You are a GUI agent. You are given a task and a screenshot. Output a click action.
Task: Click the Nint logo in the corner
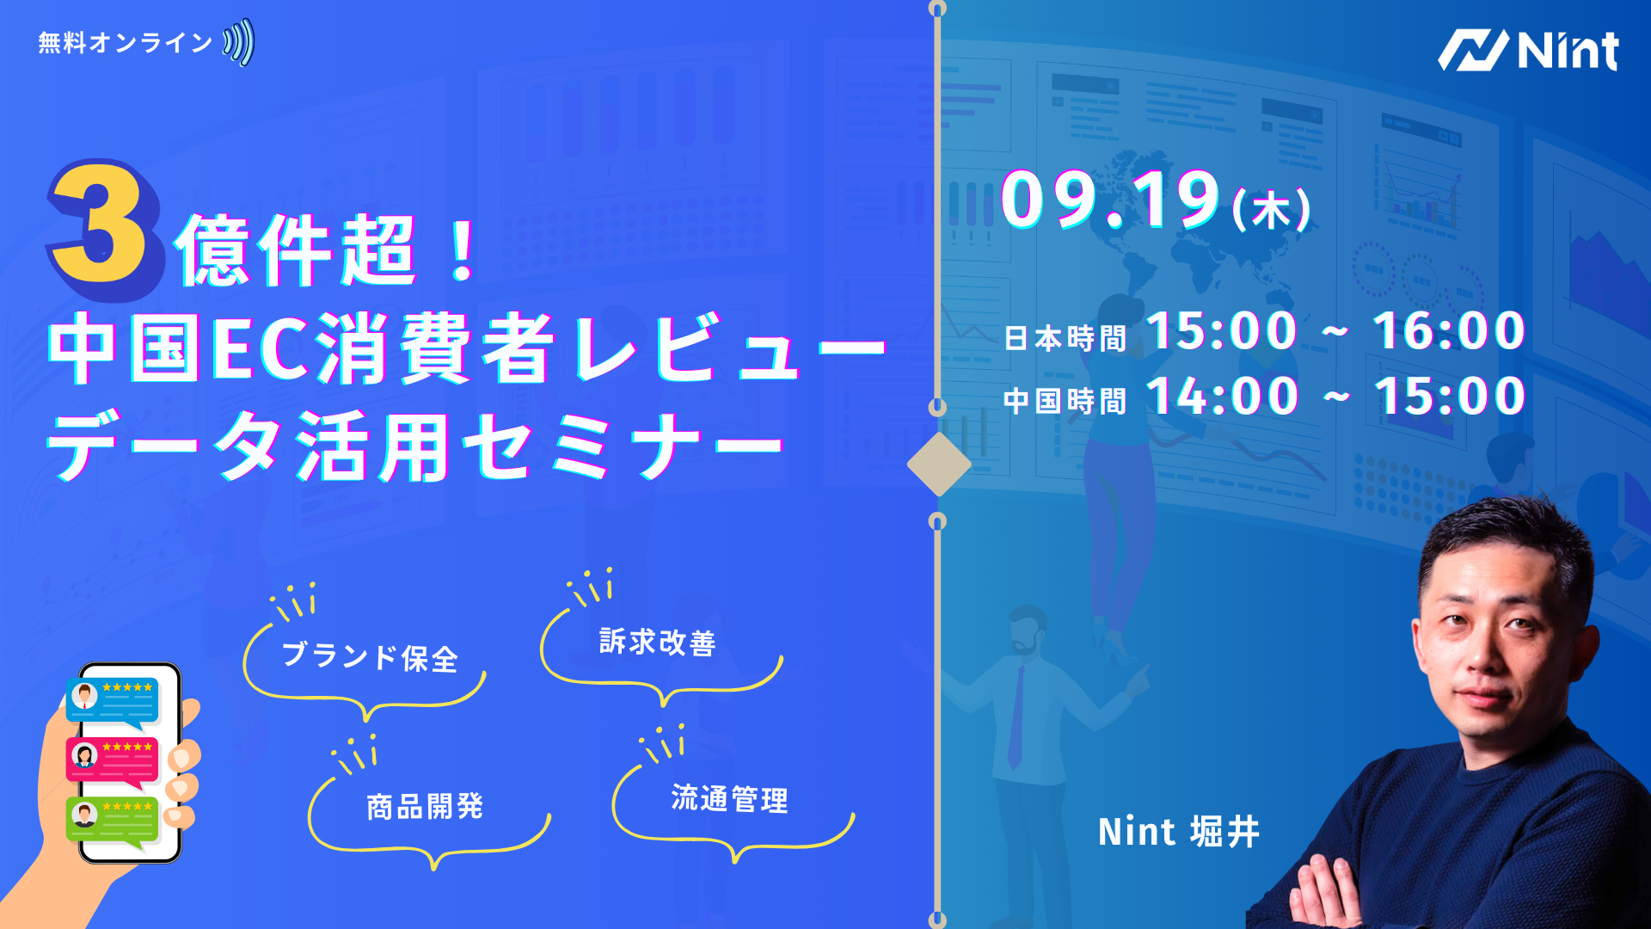(1528, 50)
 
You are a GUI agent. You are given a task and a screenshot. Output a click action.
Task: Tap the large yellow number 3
(103, 228)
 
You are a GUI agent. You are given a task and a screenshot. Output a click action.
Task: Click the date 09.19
(1110, 200)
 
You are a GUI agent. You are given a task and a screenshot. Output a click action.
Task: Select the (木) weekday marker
(1271, 211)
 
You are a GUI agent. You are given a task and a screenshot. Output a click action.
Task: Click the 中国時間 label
(1065, 401)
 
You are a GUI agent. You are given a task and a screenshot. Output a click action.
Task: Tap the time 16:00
(1449, 331)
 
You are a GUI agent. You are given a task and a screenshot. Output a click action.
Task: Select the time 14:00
(1222, 397)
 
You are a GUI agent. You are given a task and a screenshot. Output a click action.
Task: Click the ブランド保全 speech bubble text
(370, 657)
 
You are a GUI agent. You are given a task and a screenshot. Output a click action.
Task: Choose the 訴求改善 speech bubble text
(658, 643)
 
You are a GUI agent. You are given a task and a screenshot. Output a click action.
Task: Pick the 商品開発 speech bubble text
(425, 807)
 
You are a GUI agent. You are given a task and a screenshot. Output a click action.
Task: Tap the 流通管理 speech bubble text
(729, 799)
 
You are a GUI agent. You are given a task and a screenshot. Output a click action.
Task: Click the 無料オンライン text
(126, 43)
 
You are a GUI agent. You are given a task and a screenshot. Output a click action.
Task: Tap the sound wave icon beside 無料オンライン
(239, 42)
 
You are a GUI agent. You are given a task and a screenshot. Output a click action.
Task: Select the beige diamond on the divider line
(939, 464)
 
